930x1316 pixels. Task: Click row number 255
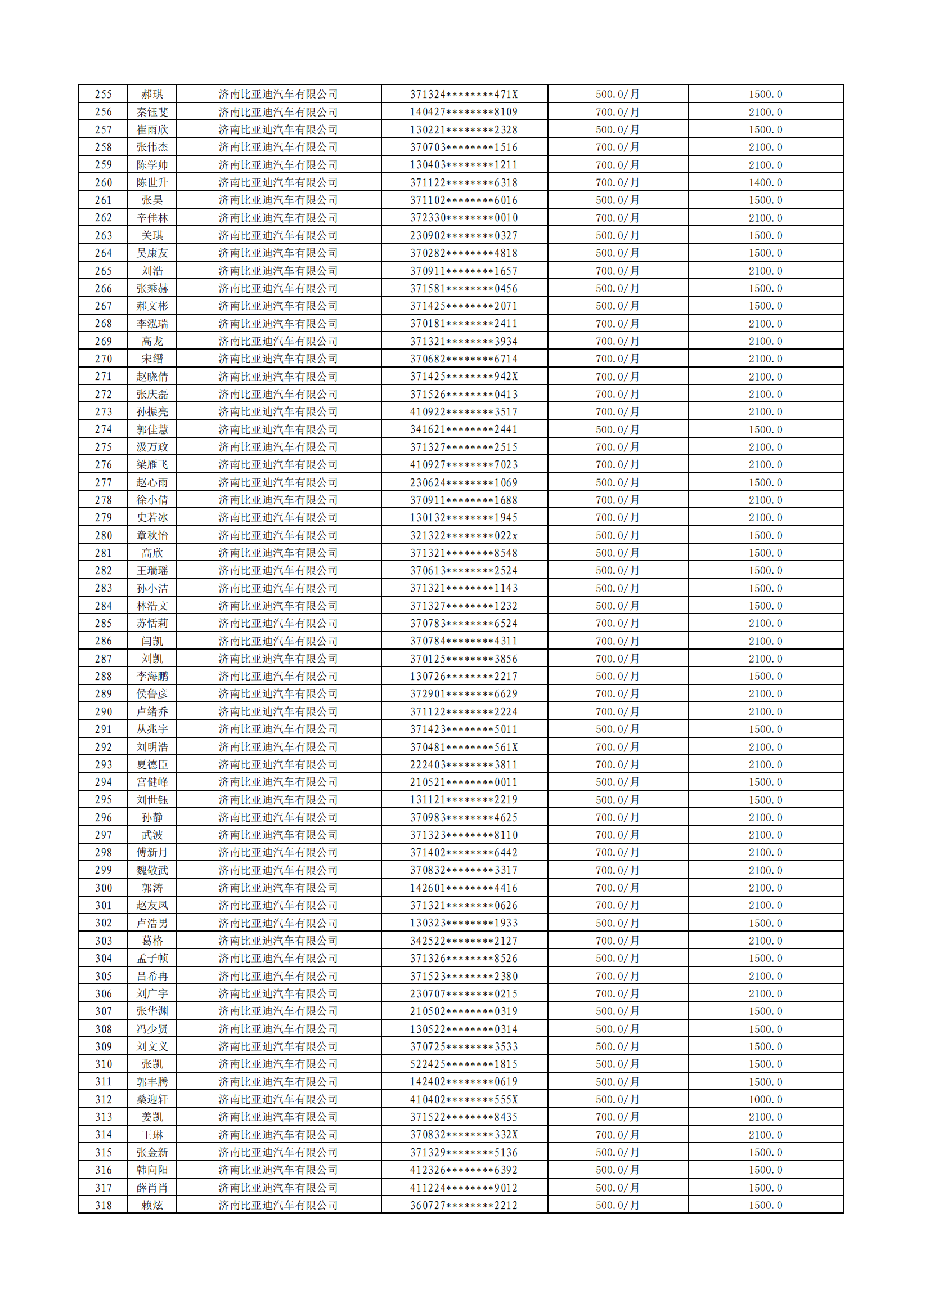[103, 94]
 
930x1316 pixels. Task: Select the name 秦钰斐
[152, 112]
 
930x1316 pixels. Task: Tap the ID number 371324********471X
[464, 94]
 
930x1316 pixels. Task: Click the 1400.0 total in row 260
[765, 182]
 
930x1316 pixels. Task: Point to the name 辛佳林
[152, 218]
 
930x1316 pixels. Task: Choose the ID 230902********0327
[464, 236]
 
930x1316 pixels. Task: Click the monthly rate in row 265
[617, 271]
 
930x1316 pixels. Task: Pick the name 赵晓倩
[152, 377]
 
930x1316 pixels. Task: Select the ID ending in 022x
[464, 535]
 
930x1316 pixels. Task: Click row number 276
[103, 464]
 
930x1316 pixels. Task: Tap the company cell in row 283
[278, 588]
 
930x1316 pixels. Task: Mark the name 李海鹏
[152, 677]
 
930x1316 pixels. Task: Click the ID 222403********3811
[464, 764]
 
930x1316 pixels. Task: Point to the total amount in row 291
[765, 729]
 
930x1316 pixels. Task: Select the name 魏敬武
[152, 870]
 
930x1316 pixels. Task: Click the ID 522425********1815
[464, 1064]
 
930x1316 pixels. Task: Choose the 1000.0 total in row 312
[765, 1099]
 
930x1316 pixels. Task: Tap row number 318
[103, 1205]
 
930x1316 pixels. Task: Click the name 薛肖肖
[152, 1188]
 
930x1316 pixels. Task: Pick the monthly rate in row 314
[617, 1134]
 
